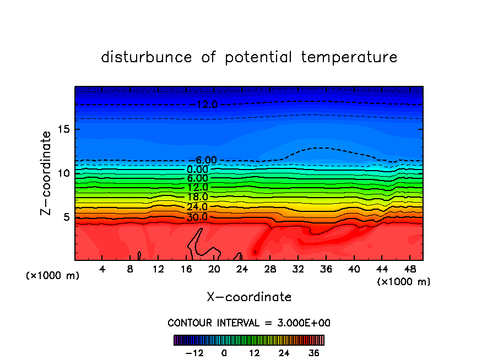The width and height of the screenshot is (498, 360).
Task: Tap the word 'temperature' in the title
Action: (x=349, y=57)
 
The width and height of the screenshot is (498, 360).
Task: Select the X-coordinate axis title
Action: (x=249, y=297)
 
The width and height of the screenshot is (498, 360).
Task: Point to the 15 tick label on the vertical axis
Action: (x=63, y=129)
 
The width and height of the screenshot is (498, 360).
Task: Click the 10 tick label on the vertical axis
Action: (x=63, y=173)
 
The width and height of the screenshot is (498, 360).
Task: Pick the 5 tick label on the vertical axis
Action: (x=66, y=217)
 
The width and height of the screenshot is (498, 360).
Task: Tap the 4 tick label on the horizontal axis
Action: (x=102, y=269)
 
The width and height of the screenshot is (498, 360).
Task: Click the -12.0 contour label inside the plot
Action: (x=207, y=104)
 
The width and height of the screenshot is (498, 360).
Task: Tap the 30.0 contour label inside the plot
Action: (x=197, y=217)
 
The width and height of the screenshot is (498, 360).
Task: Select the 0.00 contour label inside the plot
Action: (x=197, y=169)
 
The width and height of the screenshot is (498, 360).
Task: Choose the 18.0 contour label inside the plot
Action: (x=197, y=197)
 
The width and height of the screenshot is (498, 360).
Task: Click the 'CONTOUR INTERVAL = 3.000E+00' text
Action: (x=249, y=323)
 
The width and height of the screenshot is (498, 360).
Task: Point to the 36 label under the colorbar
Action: (x=314, y=353)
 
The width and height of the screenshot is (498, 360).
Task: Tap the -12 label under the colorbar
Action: (x=194, y=353)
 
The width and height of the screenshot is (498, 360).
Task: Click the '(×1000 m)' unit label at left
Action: (x=53, y=276)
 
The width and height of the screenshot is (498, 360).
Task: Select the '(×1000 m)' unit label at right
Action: (x=404, y=281)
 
